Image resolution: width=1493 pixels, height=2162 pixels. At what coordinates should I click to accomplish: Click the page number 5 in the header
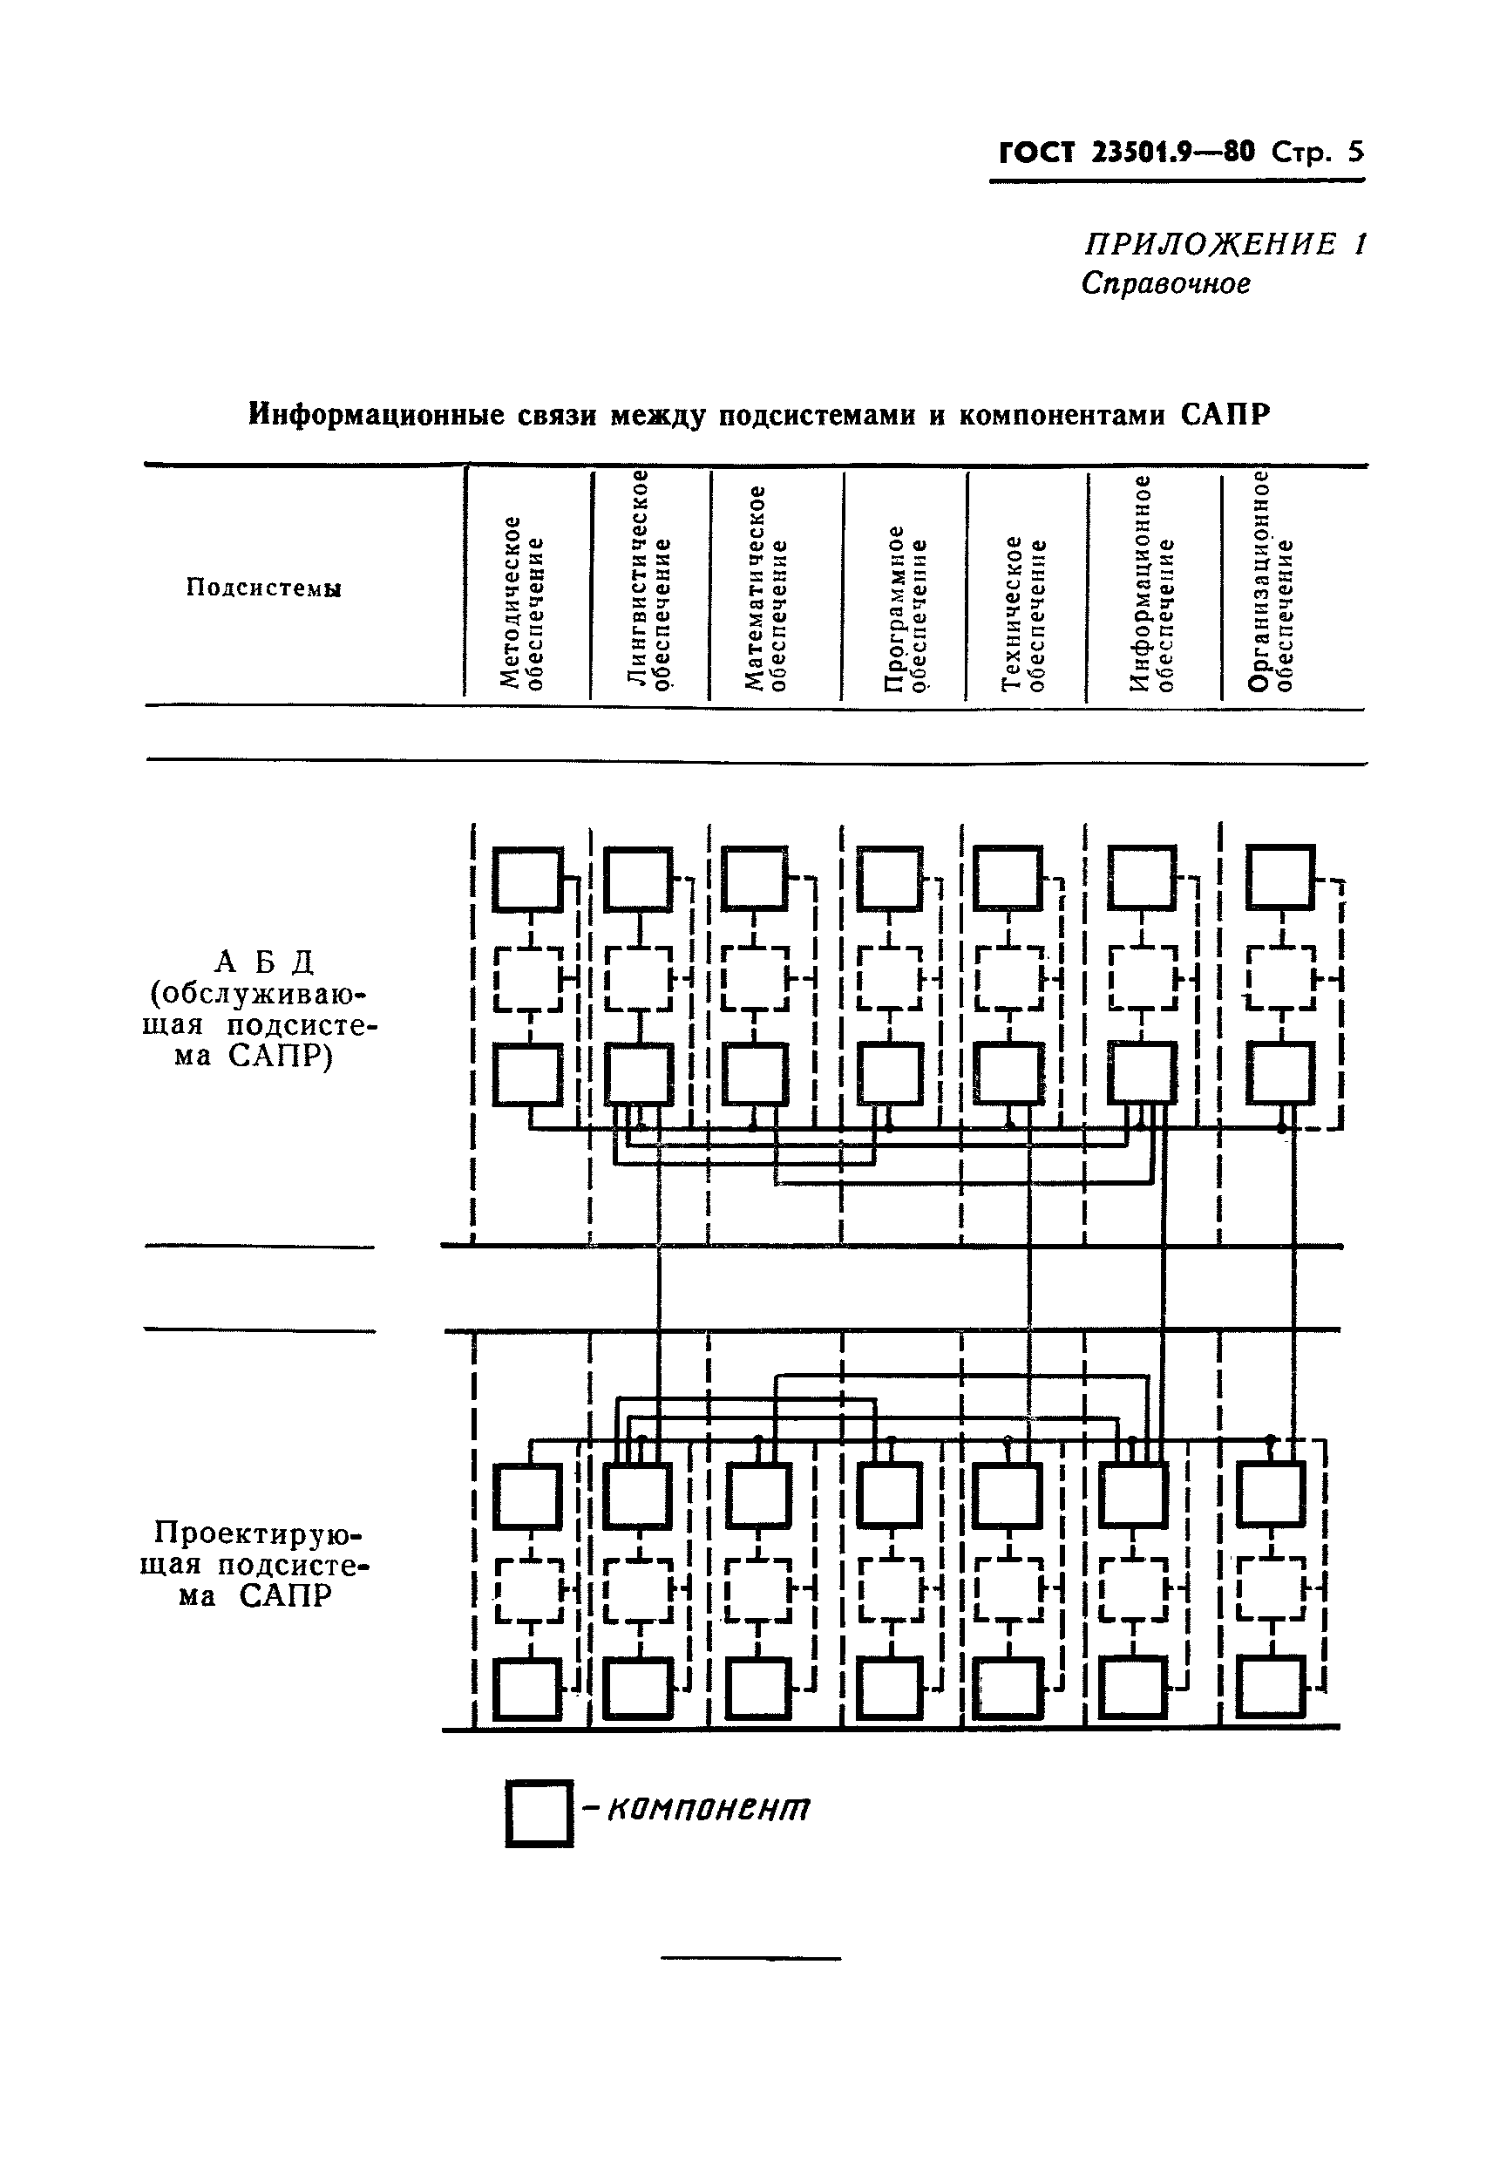(1354, 153)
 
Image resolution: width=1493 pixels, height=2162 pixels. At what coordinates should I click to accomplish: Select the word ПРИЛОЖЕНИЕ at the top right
(1211, 245)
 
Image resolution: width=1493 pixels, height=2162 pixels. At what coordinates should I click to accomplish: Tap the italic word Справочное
(1165, 283)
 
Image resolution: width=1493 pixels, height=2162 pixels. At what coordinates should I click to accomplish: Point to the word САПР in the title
(1225, 414)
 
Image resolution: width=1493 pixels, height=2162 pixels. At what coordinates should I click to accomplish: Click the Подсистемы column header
(264, 588)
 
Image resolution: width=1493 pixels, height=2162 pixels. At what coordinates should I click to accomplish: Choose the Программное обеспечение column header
(906, 608)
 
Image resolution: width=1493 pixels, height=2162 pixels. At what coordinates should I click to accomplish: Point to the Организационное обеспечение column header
(1272, 581)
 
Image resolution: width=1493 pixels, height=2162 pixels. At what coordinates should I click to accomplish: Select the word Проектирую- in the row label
(257, 1533)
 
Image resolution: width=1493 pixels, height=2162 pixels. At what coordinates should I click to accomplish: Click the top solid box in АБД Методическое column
(528, 879)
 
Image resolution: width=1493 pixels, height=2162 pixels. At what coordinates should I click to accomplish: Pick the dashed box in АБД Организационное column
(1280, 978)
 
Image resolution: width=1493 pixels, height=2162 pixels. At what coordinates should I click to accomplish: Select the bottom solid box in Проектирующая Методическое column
(528, 1689)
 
